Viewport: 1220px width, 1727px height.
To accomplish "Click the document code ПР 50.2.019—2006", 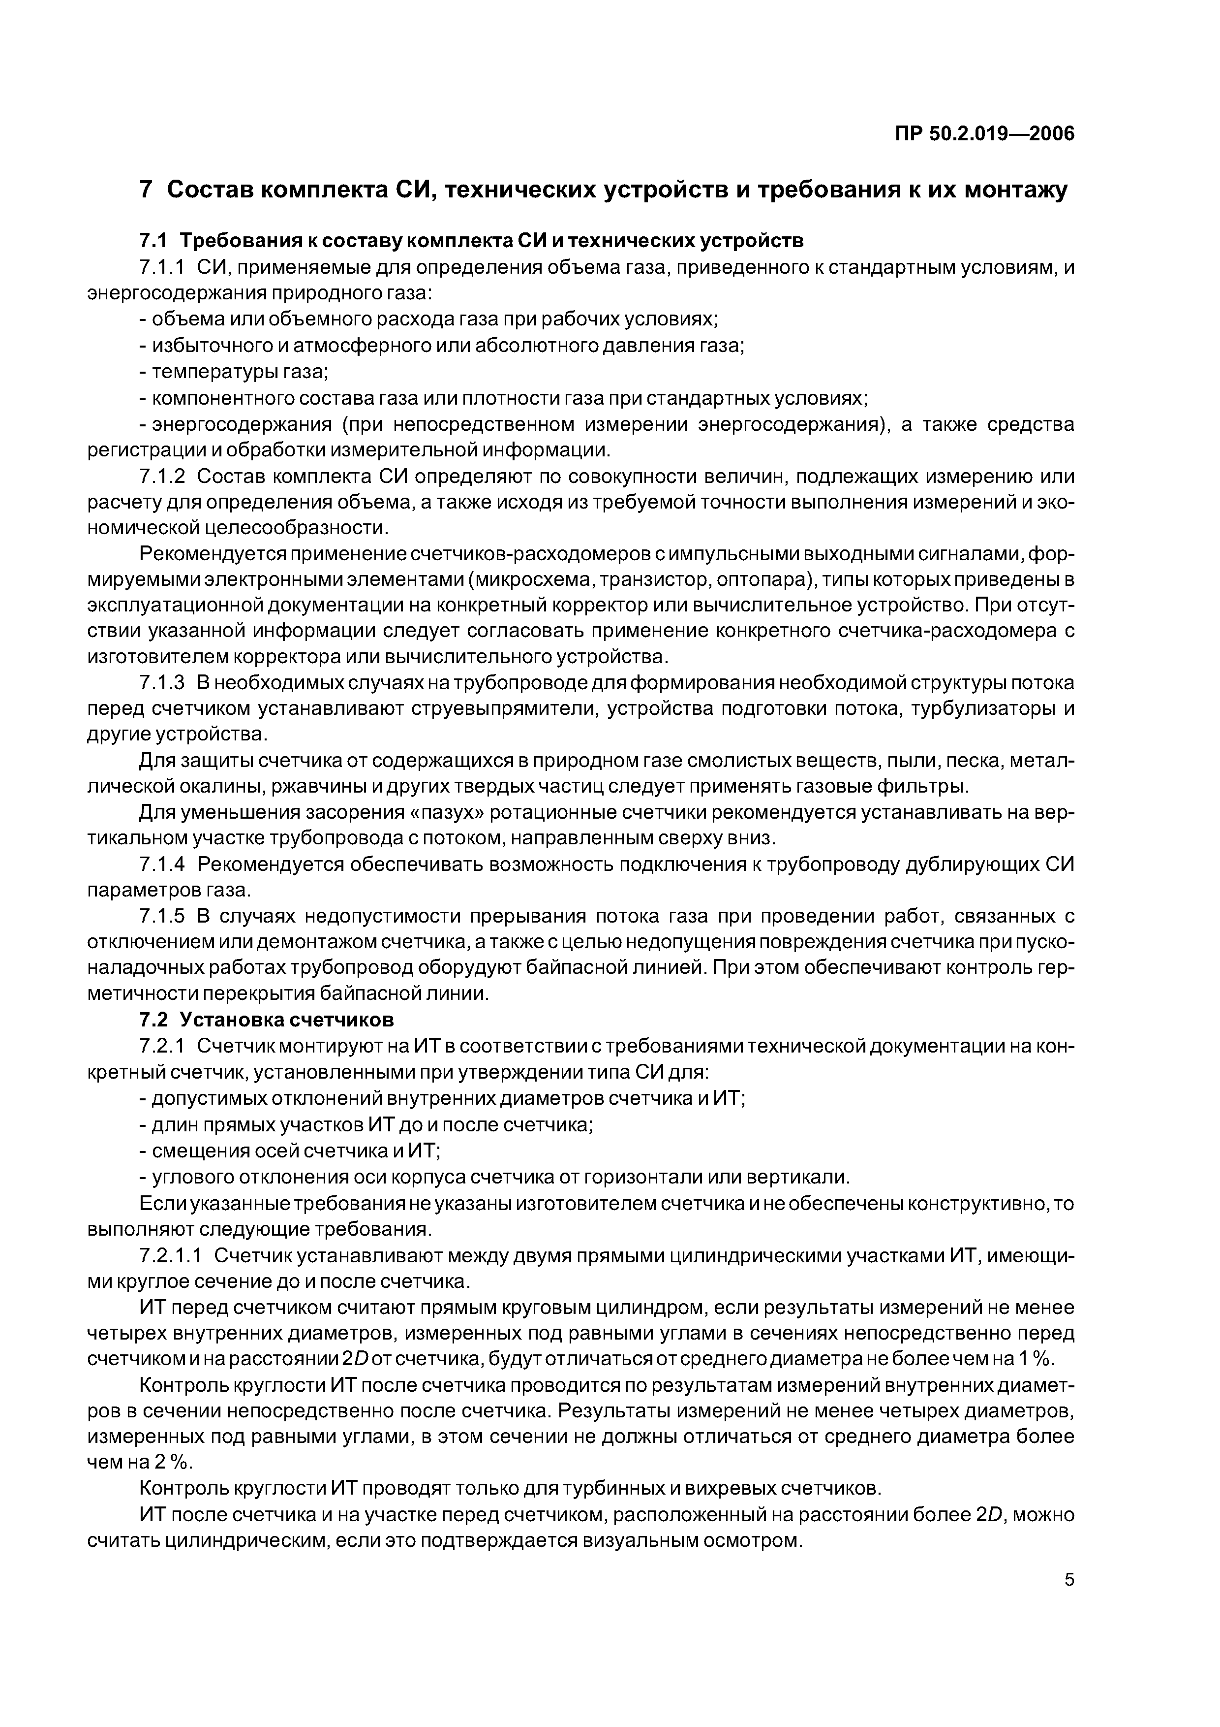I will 985,134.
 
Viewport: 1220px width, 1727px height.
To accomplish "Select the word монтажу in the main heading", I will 1015,191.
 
